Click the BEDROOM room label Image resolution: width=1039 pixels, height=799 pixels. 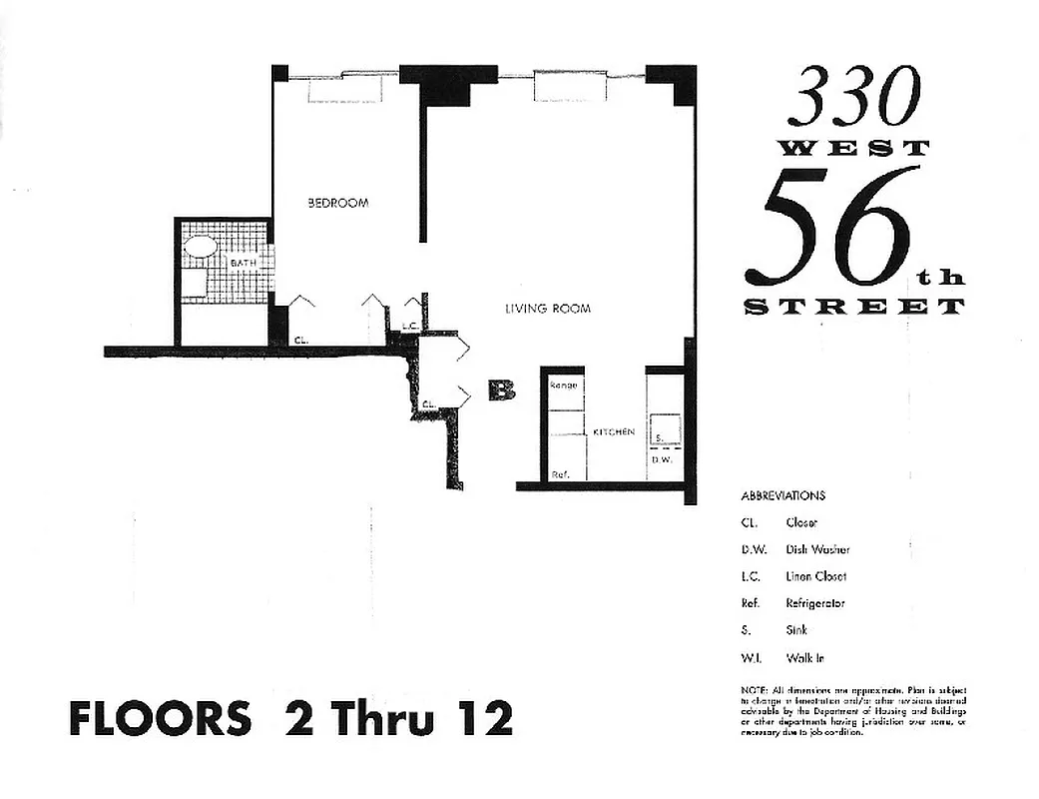[x=337, y=203]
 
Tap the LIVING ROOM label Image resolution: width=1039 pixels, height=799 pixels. [x=547, y=309]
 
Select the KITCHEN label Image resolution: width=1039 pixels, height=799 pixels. [x=614, y=431]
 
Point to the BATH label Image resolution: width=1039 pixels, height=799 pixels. [x=244, y=263]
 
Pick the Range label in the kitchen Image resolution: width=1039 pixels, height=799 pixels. [x=564, y=386]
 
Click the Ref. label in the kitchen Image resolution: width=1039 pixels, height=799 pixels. [x=560, y=474]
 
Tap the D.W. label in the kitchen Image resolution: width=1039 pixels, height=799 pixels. [x=661, y=459]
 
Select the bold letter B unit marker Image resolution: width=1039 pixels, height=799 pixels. [x=501, y=391]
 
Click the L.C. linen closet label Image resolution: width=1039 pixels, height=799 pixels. [x=409, y=326]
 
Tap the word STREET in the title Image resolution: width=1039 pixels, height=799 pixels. [x=854, y=307]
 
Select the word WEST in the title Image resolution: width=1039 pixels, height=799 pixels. [x=853, y=148]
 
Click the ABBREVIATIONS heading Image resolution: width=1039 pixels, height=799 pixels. [x=783, y=495]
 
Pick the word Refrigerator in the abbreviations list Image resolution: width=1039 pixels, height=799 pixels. [x=816, y=603]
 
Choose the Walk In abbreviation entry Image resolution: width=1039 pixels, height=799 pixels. [x=805, y=657]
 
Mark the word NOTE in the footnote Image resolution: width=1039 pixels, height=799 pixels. [x=754, y=690]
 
